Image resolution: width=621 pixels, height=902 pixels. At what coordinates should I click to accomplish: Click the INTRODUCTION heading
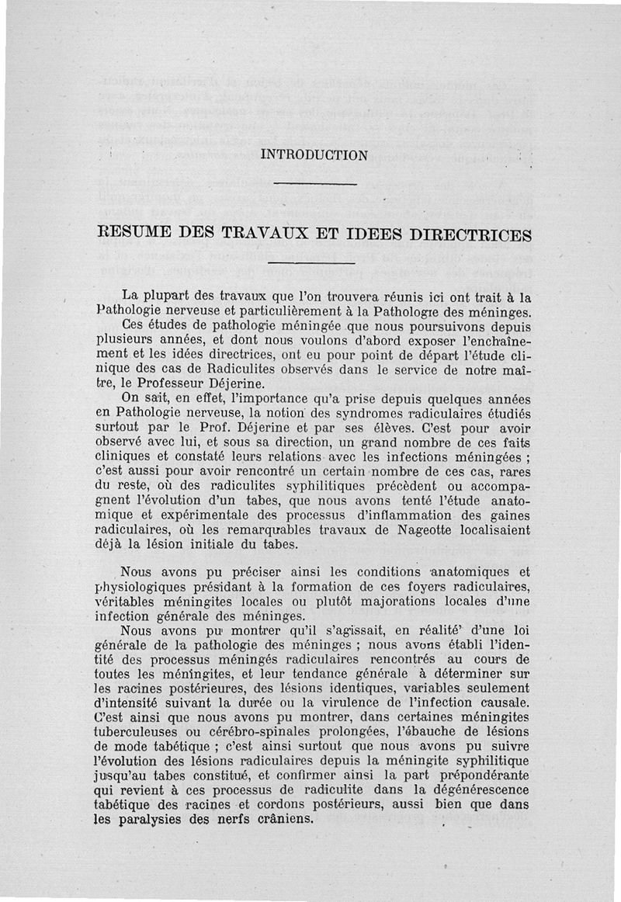pyautogui.click(x=314, y=154)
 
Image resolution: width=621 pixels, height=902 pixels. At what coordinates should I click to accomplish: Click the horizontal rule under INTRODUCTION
pyautogui.click(x=315, y=184)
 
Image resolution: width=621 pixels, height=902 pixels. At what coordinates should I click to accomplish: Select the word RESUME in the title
pyautogui.click(x=136, y=234)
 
